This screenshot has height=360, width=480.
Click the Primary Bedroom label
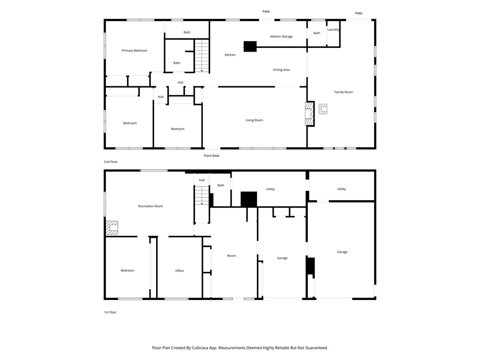pos(134,51)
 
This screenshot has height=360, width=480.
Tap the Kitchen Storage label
pos(281,37)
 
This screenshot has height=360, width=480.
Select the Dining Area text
pos(281,70)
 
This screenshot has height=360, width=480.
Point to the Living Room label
pos(254,120)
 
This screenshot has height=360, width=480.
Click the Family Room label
pos(344,92)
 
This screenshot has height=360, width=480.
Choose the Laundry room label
pos(333,30)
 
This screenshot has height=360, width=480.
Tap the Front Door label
pos(211,156)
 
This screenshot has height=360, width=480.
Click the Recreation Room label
pos(150,206)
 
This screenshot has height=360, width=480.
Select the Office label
pos(180,270)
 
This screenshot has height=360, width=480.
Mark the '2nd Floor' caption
pos(111,162)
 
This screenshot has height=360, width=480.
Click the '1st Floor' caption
pos(110,312)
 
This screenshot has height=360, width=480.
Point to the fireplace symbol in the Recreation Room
pos(112,228)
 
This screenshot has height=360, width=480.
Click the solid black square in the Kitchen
pos(250,46)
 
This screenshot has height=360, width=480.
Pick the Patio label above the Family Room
pos(359,13)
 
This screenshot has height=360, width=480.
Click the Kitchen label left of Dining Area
pos(230,55)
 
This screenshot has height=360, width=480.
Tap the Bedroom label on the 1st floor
pos(127,270)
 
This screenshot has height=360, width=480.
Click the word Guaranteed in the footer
pos(316,348)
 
